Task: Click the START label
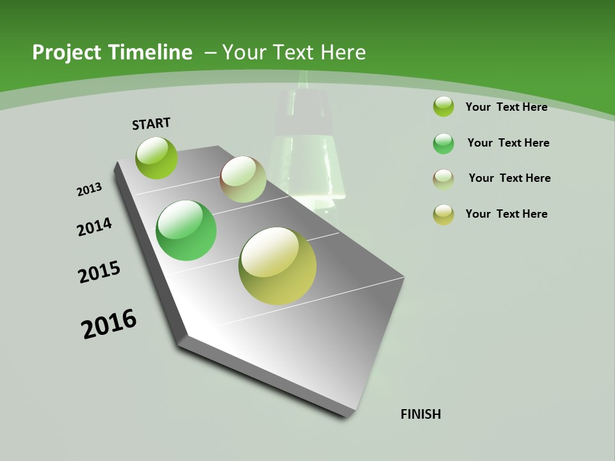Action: point(151,124)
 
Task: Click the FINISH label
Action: point(420,414)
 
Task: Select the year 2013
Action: point(89,190)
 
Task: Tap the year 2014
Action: point(95,227)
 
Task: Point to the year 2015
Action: point(99,272)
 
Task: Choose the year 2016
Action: point(109,324)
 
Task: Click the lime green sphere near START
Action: point(156,158)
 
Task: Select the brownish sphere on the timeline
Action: point(243,179)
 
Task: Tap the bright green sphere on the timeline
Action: point(186,230)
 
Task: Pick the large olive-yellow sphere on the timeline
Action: point(277,266)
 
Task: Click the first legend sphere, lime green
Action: point(443,106)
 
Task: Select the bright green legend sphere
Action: point(443,143)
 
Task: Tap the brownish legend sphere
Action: point(443,179)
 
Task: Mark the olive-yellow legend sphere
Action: point(443,214)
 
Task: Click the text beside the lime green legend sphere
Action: point(506,107)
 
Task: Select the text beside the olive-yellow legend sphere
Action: point(506,214)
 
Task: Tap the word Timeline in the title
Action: point(153,53)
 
